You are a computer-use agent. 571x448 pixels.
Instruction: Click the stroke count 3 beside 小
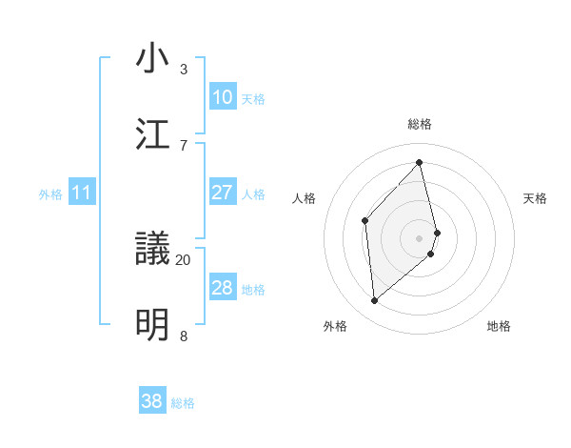[x=184, y=70]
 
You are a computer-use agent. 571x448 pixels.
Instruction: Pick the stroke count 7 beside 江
[x=184, y=145]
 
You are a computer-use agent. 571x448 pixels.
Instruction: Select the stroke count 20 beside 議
[x=184, y=259]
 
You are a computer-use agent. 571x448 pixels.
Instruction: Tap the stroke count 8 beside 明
[x=184, y=336]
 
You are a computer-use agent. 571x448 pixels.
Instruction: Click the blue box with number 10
[x=223, y=97]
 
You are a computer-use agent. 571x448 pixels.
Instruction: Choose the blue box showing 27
[x=223, y=193]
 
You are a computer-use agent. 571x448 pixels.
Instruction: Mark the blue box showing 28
[x=223, y=288]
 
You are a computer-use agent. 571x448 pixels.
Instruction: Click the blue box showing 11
[x=82, y=193]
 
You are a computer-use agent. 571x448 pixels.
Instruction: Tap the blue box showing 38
[x=152, y=401]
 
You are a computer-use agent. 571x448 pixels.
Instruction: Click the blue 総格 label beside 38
[x=183, y=403]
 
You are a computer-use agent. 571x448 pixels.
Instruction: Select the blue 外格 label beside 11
[x=50, y=194]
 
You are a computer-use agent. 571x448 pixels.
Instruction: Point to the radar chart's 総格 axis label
[x=420, y=125]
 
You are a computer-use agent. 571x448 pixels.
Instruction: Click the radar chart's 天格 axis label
[x=536, y=198]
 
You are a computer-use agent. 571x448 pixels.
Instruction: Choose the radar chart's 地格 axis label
[x=499, y=326]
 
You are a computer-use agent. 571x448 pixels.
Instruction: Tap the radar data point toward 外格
[x=375, y=301]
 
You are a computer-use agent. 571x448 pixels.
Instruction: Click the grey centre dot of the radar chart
[x=420, y=237]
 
